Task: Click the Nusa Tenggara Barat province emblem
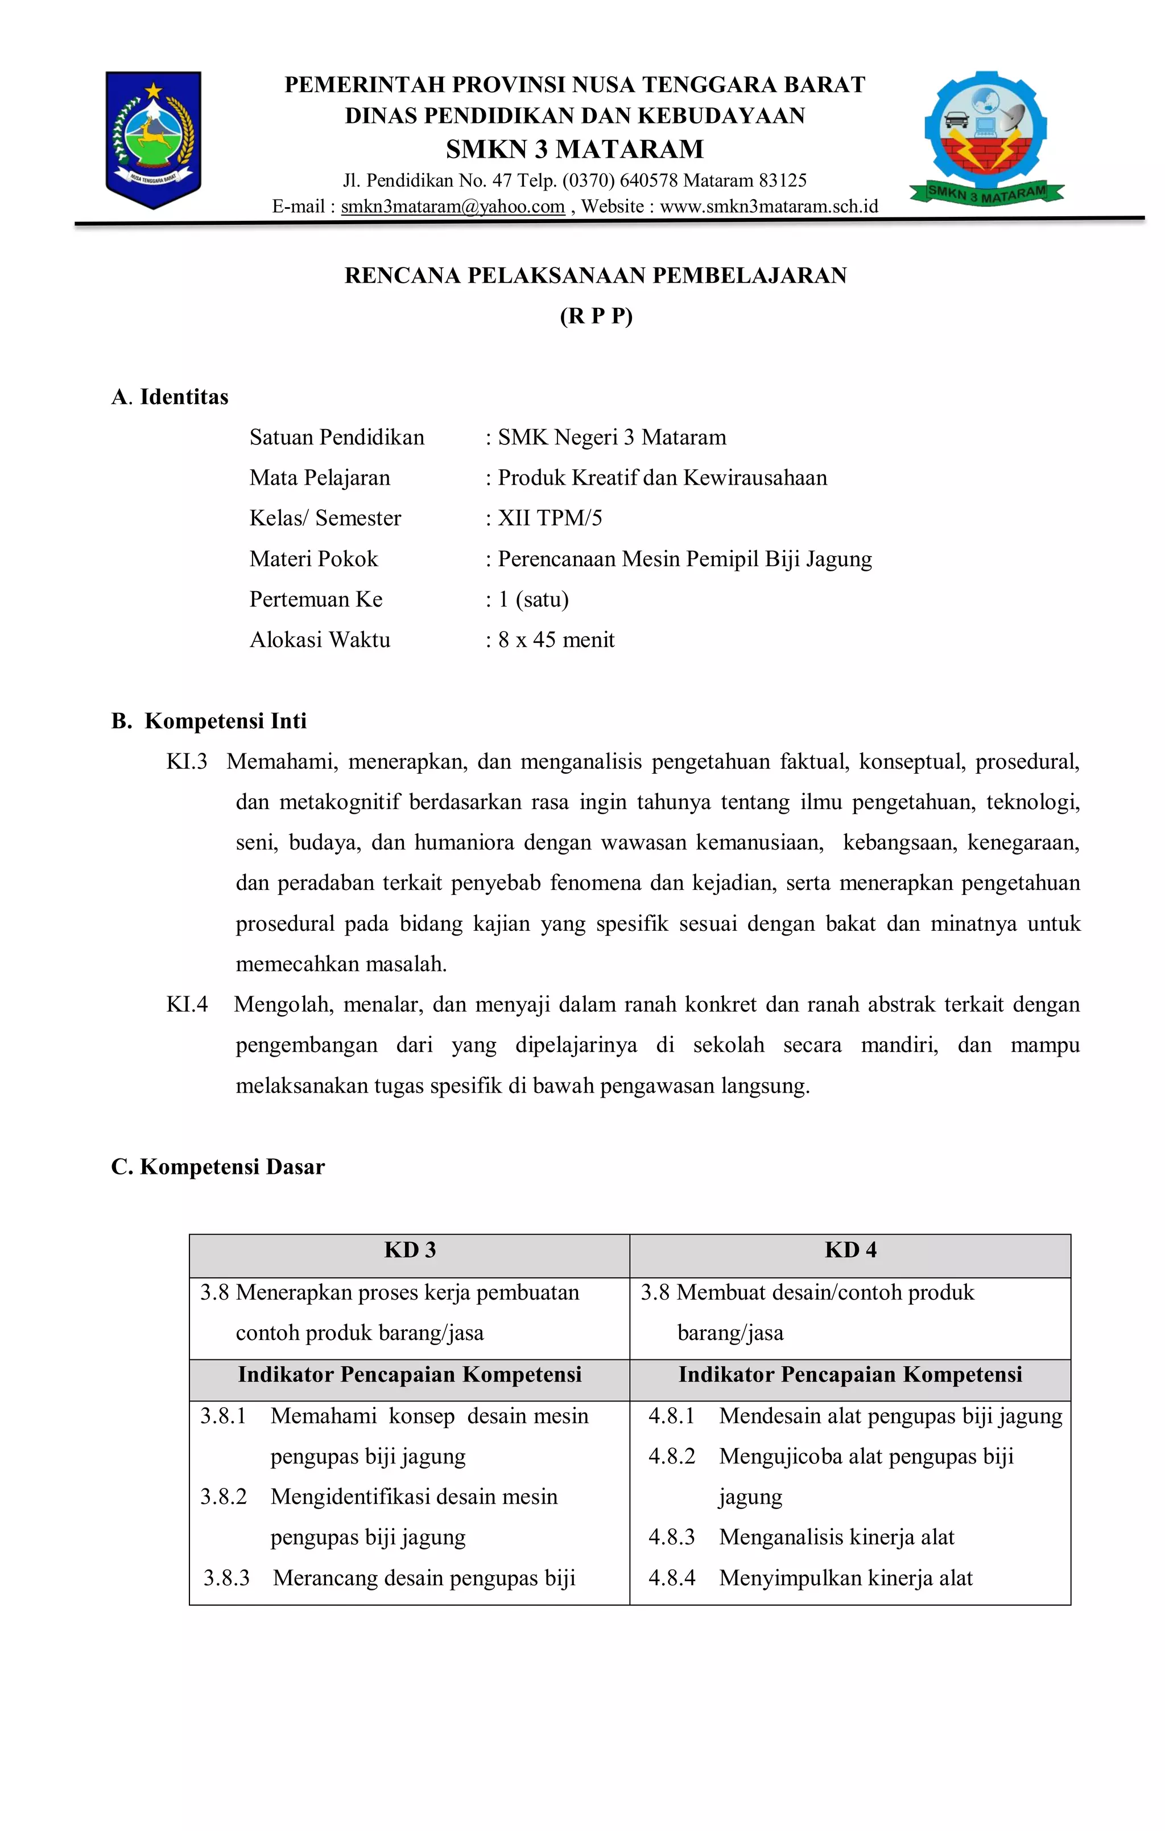point(153,139)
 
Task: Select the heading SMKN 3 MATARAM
point(575,149)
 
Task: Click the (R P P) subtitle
point(596,316)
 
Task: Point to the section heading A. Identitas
point(170,397)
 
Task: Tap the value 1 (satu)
point(533,599)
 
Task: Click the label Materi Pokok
point(313,559)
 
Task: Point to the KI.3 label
point(187,761)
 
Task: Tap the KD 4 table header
point(850,1250)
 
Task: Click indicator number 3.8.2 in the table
point(224,1496)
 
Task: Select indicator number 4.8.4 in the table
point(671,1578)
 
